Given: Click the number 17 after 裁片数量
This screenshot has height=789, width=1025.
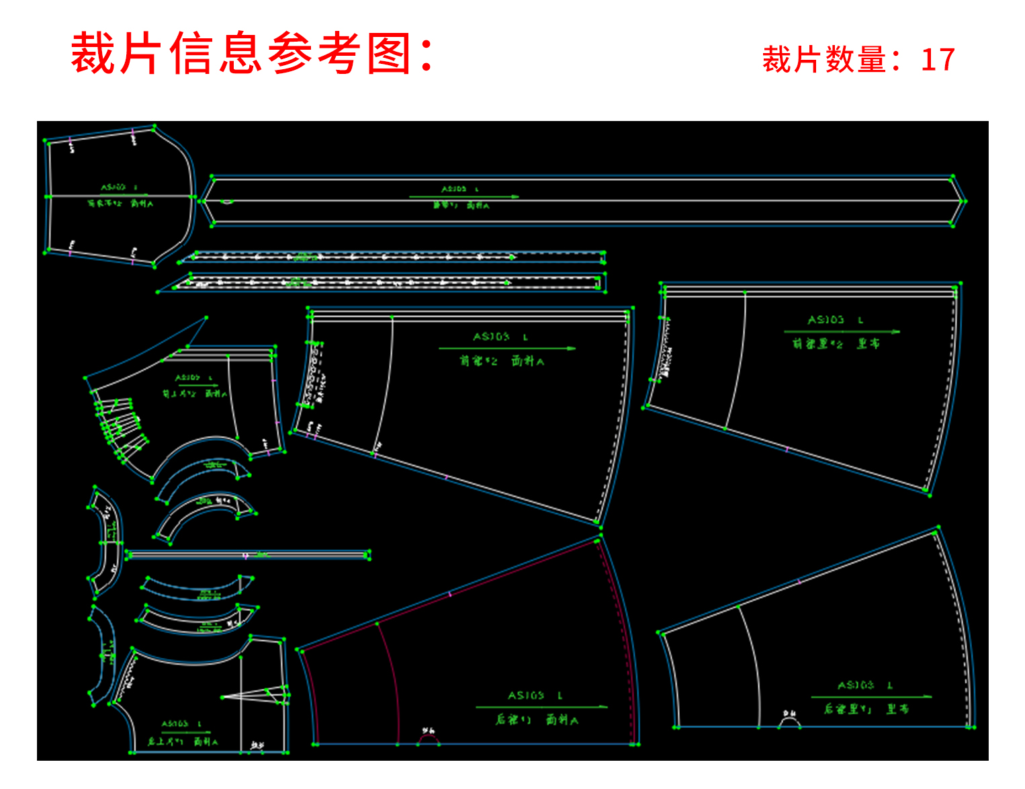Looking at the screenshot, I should pos(938,60).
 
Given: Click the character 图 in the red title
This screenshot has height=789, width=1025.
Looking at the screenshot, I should pos(389,54).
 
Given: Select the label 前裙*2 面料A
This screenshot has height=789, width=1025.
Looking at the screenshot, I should pos(502,361).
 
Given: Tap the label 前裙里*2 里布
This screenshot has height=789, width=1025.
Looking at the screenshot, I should pos(836,343).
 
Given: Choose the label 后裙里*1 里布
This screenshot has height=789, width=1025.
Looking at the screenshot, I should pos(866,709).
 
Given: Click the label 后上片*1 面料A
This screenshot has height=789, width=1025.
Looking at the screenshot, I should pos(183,742).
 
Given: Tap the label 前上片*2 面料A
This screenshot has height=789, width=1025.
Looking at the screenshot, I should pos(194,394).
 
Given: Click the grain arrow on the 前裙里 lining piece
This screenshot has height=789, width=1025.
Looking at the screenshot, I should pos(841,331).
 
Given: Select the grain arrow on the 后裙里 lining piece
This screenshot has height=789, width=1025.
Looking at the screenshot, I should pos(871,697).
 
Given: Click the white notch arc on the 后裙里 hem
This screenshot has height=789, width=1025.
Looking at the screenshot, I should pos(790,721).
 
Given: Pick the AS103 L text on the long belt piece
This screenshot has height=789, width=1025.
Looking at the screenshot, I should pos(459,190).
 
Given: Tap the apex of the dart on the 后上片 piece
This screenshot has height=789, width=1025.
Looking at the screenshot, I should pos(223,697).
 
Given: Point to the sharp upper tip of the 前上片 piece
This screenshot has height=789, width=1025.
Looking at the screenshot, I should pos(206,318).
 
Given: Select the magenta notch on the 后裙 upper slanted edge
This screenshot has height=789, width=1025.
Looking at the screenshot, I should pos(450,593).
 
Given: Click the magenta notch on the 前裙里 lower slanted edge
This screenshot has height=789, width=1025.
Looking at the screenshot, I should pos(787,449).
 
